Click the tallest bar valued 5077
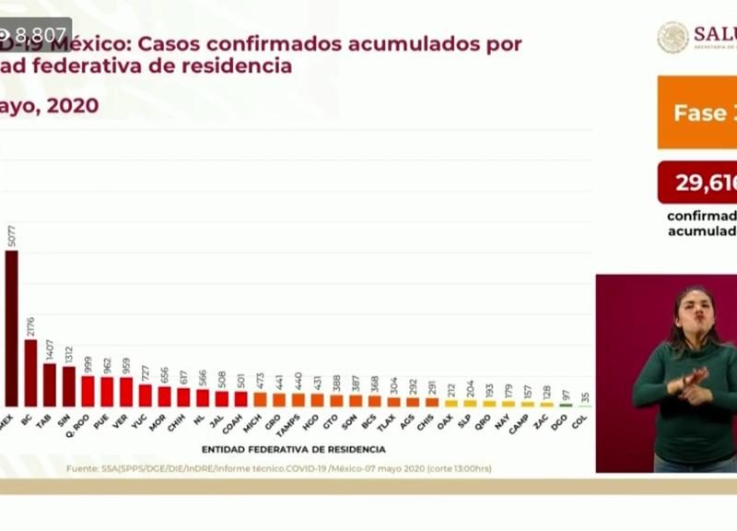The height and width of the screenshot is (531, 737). click(x=11, y=328)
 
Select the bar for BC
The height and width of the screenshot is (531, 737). click(x=30, y=372)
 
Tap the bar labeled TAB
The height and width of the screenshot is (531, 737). click(x=50, y=384)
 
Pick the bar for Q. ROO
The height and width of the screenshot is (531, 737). click(x=88, y=391)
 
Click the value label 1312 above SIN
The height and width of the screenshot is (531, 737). click(x=68, y=352)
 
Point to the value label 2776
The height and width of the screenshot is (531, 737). click(x=30, y=325)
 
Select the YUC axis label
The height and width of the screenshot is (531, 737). click(x=144, y=422)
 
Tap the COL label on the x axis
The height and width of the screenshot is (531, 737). click(x=585, y=422)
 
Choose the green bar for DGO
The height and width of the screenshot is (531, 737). click(x=566, y=405)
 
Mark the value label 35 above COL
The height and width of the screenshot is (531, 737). click(x=585, y=397)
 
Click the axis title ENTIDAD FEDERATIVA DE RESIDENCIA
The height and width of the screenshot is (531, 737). click(x=293, y=450)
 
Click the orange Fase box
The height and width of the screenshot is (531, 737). click(x=697, y=112)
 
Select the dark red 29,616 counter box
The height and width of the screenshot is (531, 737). click(x=697, y=183)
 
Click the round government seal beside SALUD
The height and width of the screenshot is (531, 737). click(x=673, y=37)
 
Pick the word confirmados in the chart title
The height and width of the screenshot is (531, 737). click(x=307, y=43)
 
